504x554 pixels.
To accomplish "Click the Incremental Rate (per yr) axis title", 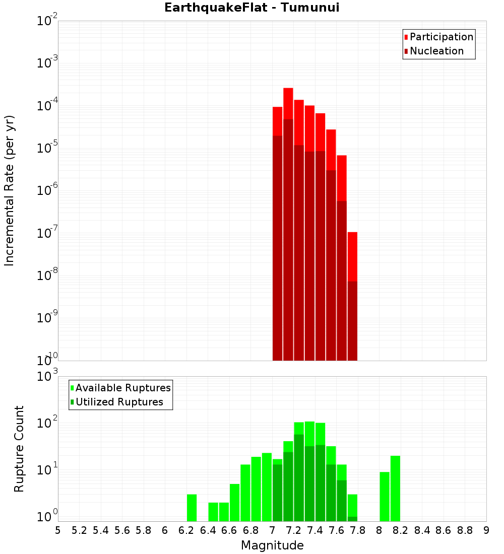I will tap(10, 190).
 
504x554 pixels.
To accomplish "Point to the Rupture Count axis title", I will tap(19, 449).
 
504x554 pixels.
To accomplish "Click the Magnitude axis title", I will tap(272, 545).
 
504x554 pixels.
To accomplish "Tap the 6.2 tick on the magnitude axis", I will tap(186, 530).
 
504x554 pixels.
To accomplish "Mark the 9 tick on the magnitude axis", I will tap(486, 530).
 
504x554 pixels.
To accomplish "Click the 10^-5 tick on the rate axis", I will tap(46, 148).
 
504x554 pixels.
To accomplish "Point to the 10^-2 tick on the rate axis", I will tap(46, 21).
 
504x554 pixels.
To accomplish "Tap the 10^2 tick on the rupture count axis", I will tap(46, 423).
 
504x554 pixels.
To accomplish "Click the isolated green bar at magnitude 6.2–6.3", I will tap(192, 508).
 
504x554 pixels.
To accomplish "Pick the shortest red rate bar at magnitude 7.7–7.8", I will tap(352, 297).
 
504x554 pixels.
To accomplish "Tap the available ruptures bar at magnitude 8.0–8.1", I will tap(385, 497).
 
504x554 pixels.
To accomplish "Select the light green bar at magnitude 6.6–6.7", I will tap(234, 503).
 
